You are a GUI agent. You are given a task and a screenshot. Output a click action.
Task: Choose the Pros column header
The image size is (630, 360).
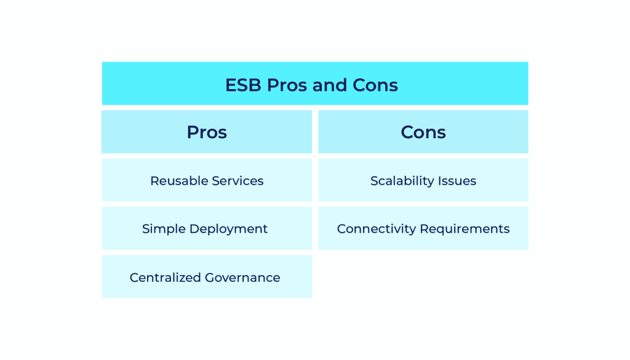(x=207, y=132)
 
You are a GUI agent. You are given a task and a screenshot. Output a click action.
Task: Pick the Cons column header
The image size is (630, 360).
(x=423, y=132)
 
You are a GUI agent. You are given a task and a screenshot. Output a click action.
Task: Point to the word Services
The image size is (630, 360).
(x=237, y=181)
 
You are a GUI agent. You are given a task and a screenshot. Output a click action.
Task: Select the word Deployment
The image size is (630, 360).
(x=228, y=229)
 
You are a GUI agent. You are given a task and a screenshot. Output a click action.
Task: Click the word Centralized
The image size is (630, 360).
(x=165, y=278)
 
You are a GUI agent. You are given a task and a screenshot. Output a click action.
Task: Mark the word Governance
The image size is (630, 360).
(x=242, y=278)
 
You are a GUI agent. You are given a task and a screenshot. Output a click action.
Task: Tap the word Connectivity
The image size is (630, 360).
(x=377, y=229)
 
